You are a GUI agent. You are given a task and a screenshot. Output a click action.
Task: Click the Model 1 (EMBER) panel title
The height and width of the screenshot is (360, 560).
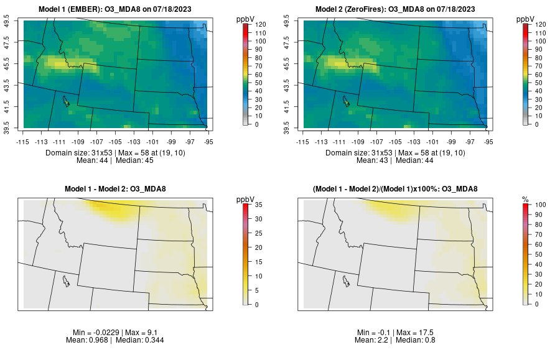click(118, 9)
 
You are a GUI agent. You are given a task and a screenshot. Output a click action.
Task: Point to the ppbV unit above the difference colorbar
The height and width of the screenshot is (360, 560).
click(246, 199)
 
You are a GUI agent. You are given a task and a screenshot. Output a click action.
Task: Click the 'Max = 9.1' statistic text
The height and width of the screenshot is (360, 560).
click(140, 333)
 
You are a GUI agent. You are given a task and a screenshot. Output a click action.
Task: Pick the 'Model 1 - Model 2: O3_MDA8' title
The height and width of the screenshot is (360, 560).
click(118, 189)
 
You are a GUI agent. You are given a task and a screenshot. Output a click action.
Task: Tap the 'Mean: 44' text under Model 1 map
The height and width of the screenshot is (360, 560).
click(95, 160)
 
